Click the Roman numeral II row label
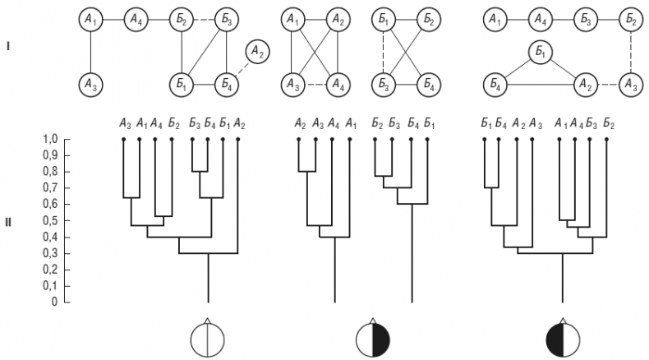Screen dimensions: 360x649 [8, 221]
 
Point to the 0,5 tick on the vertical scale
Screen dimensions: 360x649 [50, 221]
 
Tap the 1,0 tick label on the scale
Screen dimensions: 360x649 [50, 140]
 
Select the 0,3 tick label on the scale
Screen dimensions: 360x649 [50, 253]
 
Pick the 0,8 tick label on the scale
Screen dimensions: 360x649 [50, 172]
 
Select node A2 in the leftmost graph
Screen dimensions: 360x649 [258, 53]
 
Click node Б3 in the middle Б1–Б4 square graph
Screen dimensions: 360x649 [383, 83]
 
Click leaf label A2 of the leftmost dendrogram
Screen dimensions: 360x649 [238, 124]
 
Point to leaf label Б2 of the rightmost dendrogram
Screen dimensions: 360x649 [607, 124]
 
